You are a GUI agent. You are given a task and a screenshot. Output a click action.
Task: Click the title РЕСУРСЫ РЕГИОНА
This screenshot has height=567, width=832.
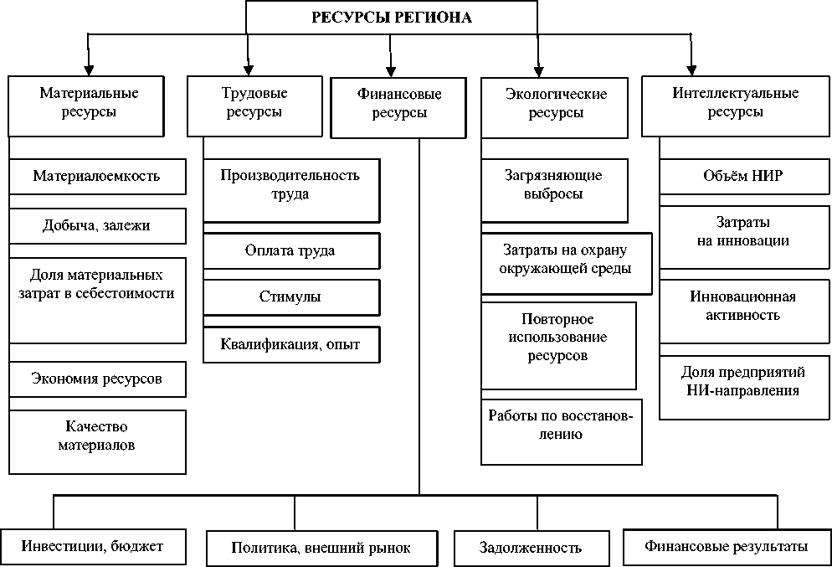[392, 18]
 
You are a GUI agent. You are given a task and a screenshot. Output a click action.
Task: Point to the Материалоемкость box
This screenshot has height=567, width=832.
[97, 177]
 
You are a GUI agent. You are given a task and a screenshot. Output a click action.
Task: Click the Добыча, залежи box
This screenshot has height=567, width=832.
[97, 225]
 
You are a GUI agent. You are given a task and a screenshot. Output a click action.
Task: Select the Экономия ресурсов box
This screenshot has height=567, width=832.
[97, 379]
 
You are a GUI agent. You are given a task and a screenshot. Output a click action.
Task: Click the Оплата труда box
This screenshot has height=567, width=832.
[290, 250]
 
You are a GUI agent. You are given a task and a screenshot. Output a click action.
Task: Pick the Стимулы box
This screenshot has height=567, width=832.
[290, 296]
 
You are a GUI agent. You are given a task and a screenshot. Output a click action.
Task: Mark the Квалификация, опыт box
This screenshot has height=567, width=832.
[290, 343]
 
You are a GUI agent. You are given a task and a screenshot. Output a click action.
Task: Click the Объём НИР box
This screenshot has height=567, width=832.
[742, 177]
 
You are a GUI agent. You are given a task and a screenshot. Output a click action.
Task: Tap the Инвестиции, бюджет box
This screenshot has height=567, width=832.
[93, 547]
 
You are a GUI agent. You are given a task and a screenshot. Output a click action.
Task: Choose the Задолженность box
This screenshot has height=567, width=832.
[531, 549]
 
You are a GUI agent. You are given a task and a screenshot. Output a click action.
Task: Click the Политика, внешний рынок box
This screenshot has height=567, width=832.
[321, 549]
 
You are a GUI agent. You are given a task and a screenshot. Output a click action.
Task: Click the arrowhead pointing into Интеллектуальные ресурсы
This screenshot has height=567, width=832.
[690, 69]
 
